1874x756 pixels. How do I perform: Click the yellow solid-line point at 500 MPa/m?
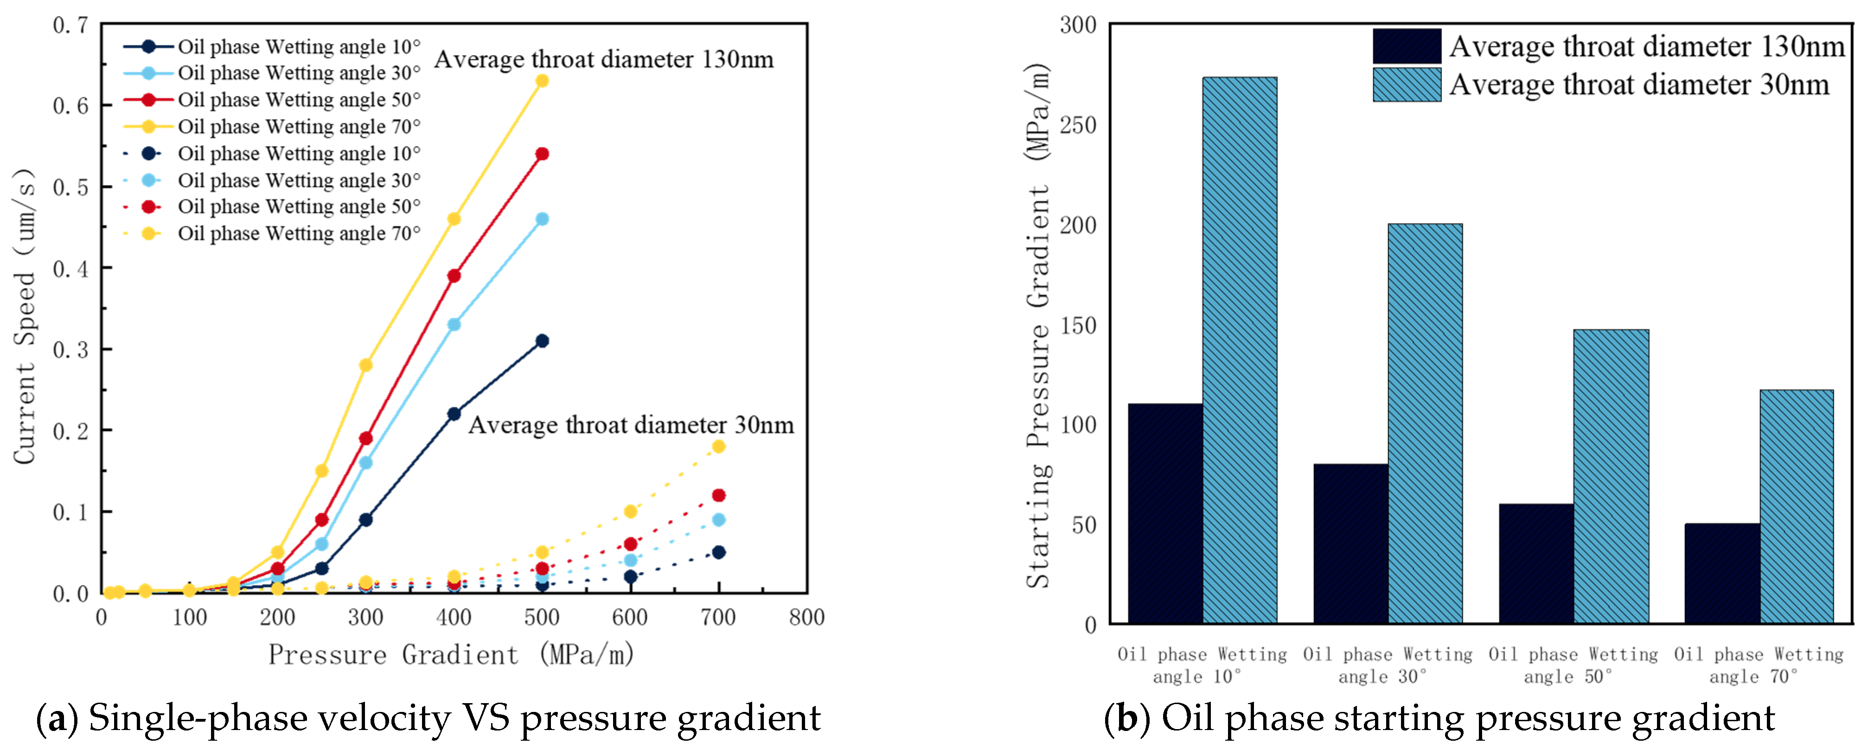pyautogui.click(x=542, y=81)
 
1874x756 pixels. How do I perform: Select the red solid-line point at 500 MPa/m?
pyautogui.click(x=542, y=154)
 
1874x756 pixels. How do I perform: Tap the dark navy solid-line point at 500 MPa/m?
pyautogui.click(x=542, y=340)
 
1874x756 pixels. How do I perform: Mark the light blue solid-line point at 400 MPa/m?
pyautogui.click(x=454, y=325)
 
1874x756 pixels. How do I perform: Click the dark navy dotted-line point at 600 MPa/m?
pyautogui.click(x=631, y=577)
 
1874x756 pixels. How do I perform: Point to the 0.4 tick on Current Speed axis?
pyautogui.click(x=70, y=269)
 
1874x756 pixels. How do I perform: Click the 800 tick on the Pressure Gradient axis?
pyautogui.click(x=807, y=618)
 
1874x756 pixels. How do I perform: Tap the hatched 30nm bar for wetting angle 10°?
pyautogui.click(x=1240, y=349)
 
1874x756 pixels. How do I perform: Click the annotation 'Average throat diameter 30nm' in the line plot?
pyautogui.click(x=631, y=425)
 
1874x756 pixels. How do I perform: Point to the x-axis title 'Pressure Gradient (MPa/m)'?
pyautogui.click(x=451, y=655)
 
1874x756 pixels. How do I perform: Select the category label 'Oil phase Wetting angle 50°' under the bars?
pyautogui.click(x=1573, y=665)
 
